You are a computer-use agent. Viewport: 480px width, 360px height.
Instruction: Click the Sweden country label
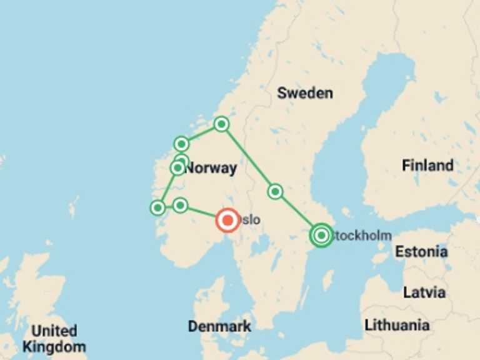(x=305, y=93)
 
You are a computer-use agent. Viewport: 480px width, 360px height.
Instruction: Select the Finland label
(x=427, y=166)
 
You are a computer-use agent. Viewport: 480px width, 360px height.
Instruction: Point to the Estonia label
(x=421, y=252)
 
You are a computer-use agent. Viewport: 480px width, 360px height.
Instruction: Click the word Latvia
(x=424, y=292)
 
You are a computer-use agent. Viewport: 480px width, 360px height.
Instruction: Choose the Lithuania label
(x=397, y=325)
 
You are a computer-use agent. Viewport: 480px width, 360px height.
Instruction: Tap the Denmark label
(x=219, y=326)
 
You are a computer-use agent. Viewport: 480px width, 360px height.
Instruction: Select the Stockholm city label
(x=364, y=236)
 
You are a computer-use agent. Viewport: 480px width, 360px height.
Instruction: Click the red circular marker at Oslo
(x=227, y=220)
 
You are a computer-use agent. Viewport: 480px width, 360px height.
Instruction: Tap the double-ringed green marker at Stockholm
(x=321, y=236)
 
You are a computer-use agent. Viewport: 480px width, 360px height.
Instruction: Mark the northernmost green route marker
(x=221, y=124)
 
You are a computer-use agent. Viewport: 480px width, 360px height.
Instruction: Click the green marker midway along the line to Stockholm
(x=275, y=191)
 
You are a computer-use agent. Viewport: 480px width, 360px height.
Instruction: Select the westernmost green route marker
(x=158, y=207)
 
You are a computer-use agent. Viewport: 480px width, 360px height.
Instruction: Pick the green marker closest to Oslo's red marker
(x=180, y=205)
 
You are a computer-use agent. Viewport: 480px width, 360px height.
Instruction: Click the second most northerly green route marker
(x=181, y=144)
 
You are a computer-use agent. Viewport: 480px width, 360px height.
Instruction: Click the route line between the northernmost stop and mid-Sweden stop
(x=248, y=157)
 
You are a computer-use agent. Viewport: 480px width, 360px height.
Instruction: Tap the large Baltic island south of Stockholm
(x=328, y=279)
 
